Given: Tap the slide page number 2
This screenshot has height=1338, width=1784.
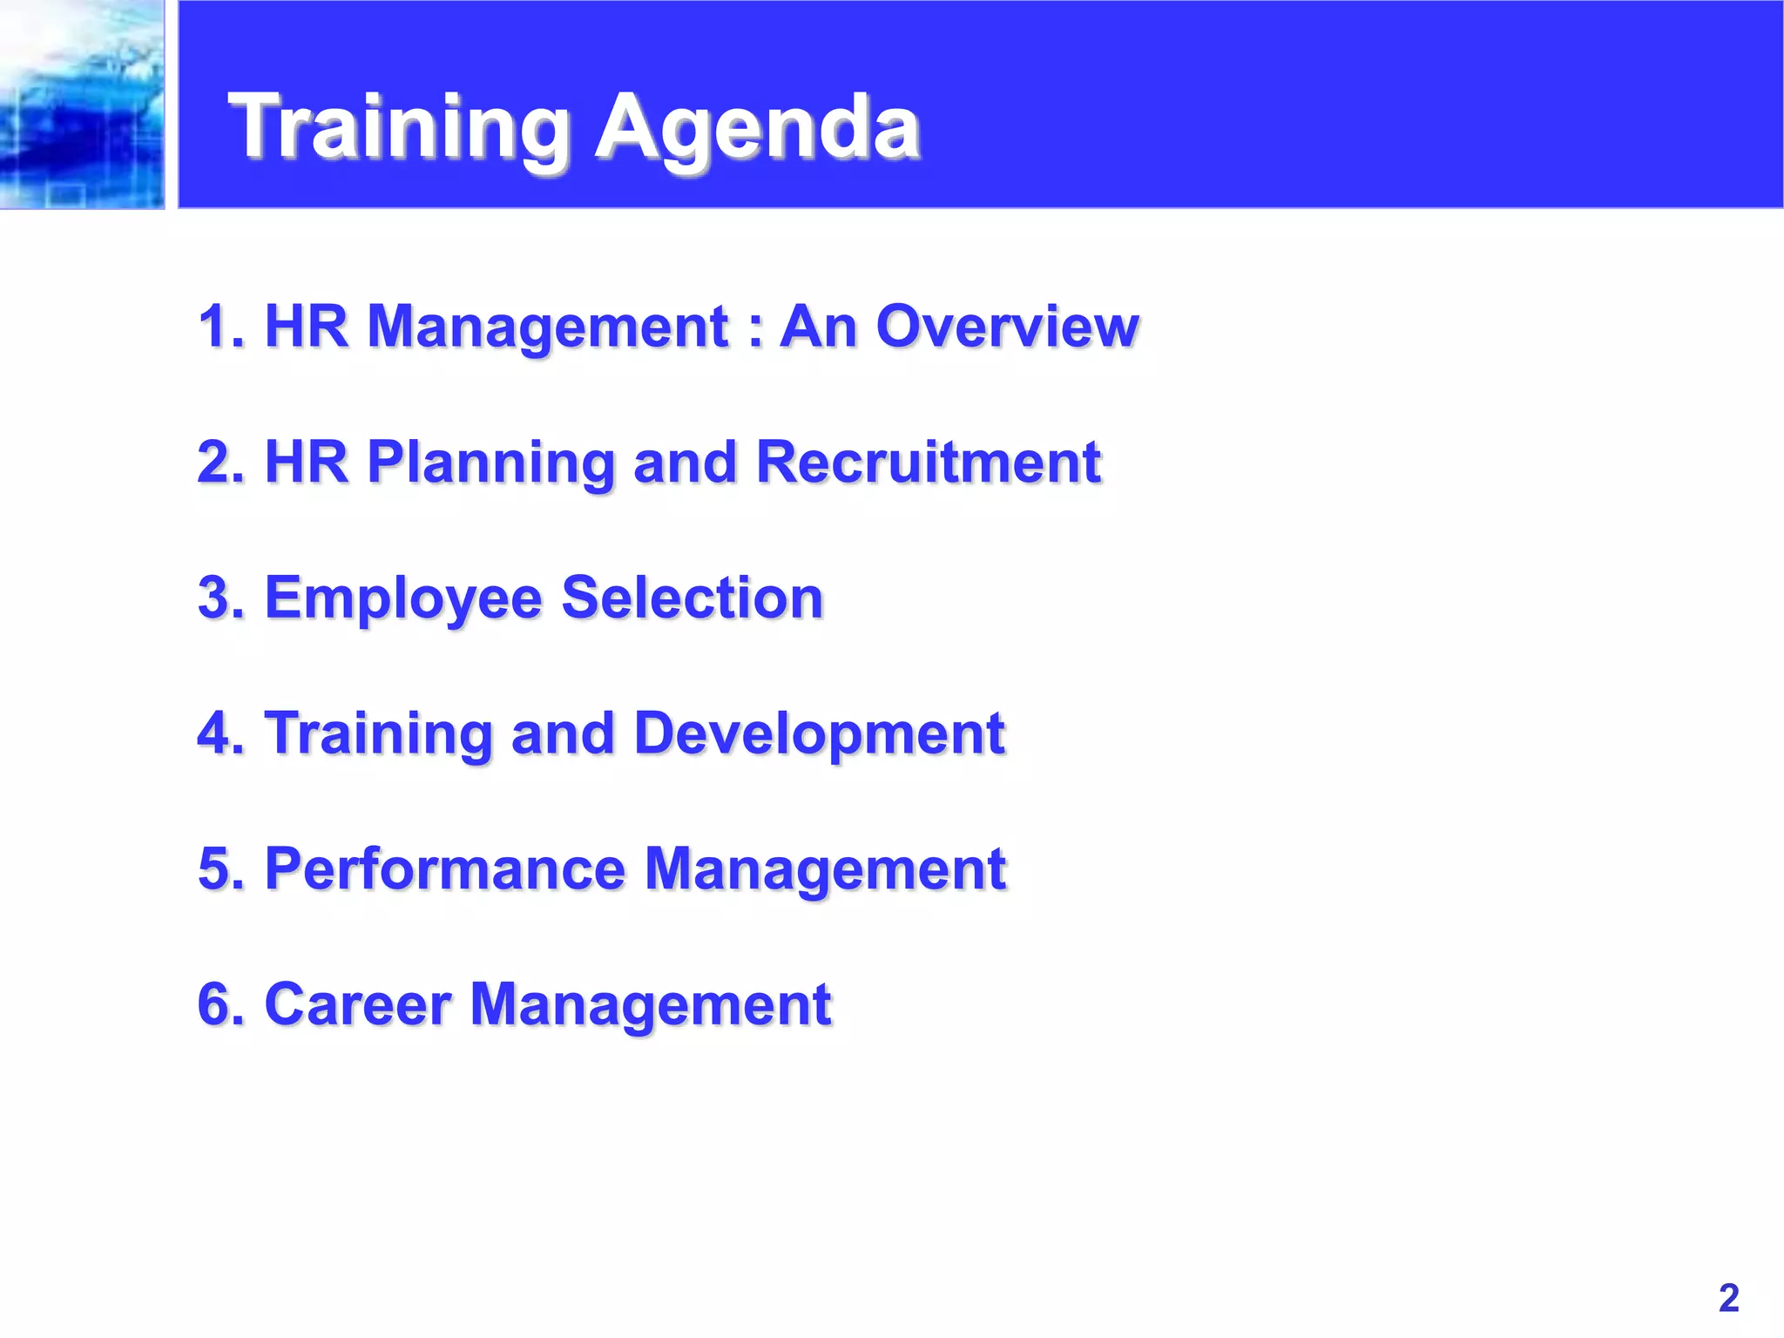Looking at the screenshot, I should pos(1728,1298).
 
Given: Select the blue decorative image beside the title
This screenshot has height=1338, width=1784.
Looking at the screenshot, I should pos(82,105).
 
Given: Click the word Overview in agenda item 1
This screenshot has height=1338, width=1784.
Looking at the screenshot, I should pos(1007,327).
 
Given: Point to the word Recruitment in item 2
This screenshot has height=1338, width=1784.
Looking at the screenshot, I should pos(928,462).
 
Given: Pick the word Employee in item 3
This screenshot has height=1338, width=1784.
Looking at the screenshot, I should pos(402,598).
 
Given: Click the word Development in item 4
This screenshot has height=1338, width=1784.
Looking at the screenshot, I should pos(819,733).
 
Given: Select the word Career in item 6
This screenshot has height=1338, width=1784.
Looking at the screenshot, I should pos(357,1004).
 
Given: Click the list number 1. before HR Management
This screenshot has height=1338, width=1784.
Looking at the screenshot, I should pos(221,327).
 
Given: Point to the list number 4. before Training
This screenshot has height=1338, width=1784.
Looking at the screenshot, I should pos(221,733).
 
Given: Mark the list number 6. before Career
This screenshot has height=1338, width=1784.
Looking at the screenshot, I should pos(221,1004).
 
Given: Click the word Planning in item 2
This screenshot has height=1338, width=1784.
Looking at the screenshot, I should pos(491,462).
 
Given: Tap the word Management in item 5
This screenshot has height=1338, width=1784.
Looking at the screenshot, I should pos(825,868).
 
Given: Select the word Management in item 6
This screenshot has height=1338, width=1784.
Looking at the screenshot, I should pos(650,1004).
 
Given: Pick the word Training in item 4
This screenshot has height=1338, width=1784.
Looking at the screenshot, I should pos(379,733).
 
